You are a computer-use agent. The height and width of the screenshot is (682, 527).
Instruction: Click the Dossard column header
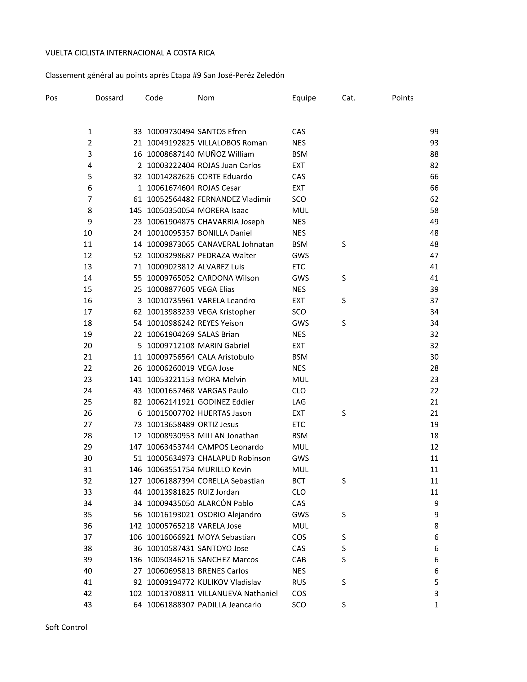click(109, 98)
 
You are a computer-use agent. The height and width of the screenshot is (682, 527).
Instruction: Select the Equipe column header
click(304, 98)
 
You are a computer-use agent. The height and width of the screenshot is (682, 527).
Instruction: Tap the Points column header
click(402, 98)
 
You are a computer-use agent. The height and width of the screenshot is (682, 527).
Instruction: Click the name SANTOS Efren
click(222, 132)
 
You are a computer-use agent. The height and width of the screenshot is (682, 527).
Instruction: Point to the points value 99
click(434, 132)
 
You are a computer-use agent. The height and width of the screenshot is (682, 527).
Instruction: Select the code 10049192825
click(170, 143)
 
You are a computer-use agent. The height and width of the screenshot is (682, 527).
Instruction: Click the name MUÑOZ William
click(226, 154)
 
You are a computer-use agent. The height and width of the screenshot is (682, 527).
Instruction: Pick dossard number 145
click(135, 210)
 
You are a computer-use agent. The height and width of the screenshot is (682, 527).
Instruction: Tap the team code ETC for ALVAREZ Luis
click(298, 267)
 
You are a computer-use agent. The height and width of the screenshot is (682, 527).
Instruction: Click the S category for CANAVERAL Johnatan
click(344, 245)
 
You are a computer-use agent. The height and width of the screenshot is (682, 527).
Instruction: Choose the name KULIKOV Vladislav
click(229, 582)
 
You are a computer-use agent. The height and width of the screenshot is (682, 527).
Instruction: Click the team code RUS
click(299, 582)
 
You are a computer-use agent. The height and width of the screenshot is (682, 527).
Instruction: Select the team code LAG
click(299, 402)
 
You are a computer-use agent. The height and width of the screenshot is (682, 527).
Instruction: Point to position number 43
click(88, 605)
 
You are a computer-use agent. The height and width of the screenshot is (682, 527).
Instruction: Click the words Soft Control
click(66, 628)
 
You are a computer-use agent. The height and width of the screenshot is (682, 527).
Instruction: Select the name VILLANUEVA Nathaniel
click(237, 594)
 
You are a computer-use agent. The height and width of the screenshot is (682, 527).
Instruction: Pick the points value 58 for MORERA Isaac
click(434, 210)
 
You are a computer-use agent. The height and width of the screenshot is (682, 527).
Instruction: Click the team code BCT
click(299, 481)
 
